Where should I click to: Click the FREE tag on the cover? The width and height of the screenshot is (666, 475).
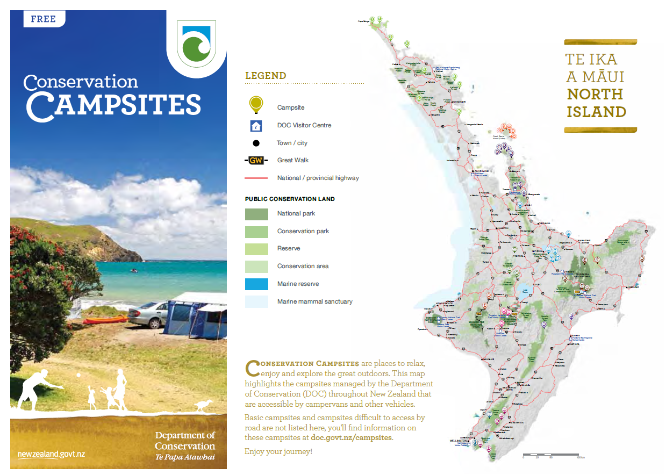(44, 19)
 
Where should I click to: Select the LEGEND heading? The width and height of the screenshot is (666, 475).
(266, 76)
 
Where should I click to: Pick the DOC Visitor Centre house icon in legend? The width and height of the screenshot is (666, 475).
(256, 126)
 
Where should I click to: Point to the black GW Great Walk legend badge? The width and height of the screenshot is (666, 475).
(256, 160)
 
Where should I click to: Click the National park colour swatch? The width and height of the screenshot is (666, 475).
(256, 214)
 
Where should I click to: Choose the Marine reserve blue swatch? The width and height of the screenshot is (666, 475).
(256, 284)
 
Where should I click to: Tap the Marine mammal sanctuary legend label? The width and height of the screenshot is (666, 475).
(314, 301)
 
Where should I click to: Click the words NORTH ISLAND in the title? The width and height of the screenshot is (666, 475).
(596, 103)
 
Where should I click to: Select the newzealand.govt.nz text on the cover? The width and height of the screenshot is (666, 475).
(51, 455)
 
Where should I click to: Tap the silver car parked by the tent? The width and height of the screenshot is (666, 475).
(147, 314)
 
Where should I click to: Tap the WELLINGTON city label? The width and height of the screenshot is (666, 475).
(459, 440)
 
